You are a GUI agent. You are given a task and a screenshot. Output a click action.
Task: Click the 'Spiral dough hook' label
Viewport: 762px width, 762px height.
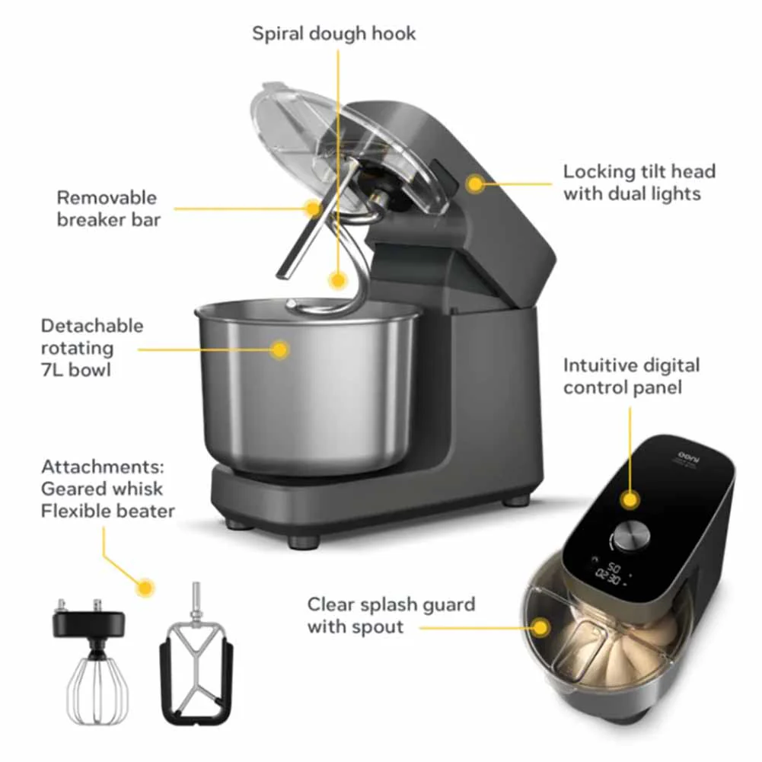pyautogui.click(x=334, y=33)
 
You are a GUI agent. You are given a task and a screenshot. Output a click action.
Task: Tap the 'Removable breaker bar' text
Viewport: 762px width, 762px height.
pyautogui.click(x=108, y=209)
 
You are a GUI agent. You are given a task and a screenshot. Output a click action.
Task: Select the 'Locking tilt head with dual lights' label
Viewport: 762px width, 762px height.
pyautogui.click(x=639, y=182)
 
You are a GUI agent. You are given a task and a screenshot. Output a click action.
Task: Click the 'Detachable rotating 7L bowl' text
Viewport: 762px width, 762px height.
pyautogui.click(x=92, y=347)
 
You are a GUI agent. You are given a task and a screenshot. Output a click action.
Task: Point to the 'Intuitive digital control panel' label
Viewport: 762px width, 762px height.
pyautogui.click(x=631, y=376)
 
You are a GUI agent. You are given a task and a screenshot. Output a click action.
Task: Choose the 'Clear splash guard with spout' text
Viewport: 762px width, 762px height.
pyautogui.click(x=391, y=615)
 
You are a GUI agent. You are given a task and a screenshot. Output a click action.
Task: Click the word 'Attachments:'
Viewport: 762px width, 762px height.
pyautogui.click(x=103, y=467)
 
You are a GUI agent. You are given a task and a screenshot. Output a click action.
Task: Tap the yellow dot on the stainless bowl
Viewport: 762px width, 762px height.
pyautogui.click(x=280, y=349)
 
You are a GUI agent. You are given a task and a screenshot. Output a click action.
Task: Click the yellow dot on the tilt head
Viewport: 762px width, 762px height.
pyautogui.click(x=475, y=184)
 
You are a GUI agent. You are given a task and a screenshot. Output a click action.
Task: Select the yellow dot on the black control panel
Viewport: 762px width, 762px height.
pyautogui.click(x=630, y=499)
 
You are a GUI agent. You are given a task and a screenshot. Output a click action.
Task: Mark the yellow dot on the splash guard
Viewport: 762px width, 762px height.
pyautogui.click(x=540, y=627)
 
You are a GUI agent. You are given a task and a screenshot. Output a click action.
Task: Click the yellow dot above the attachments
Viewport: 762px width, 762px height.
pyautogui.click(x=145, y=588)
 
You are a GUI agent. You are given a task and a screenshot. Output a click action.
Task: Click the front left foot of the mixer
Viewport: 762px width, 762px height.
pyautogui.click(x=304, y=541)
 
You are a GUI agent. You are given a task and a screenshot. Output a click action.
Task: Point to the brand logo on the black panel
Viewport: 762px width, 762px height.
pyautogui.click(x=686, y=456)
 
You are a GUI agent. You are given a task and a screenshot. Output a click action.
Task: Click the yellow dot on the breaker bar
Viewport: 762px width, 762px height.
pyautogui.click(x=314, y=208)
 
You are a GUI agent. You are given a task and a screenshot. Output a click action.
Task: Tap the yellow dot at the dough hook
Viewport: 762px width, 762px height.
pyautogui.click(x=337, y=280)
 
